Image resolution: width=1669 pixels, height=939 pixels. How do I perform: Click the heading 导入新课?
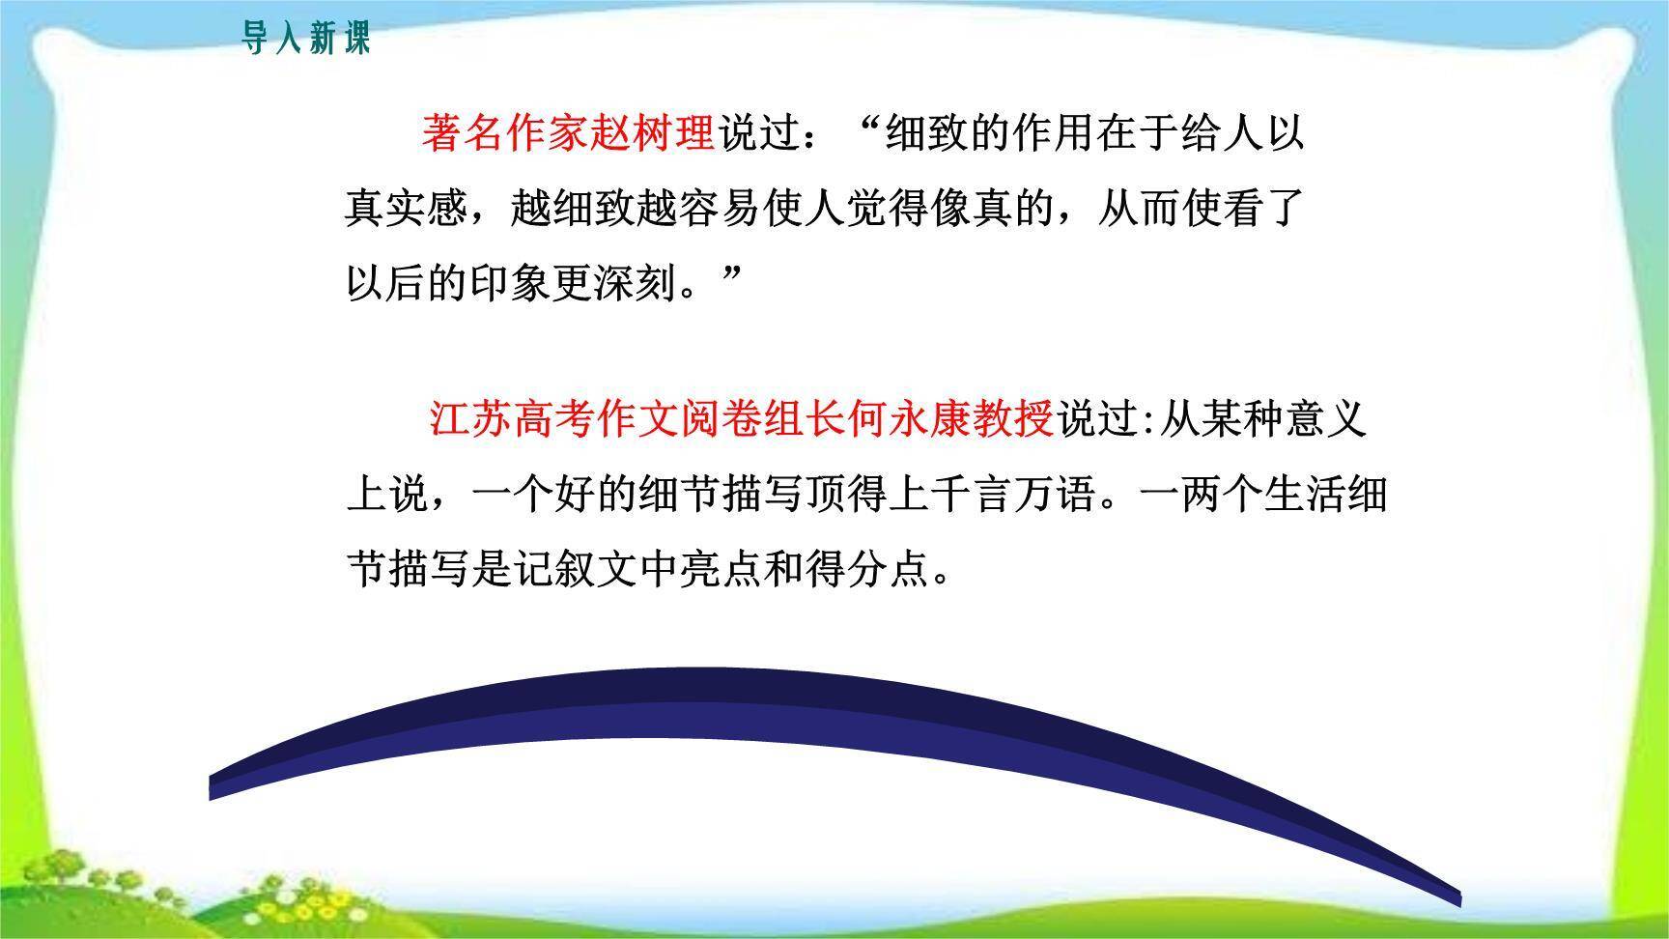(x=305, y=40)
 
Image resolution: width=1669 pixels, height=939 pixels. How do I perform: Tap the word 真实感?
(x=408, y=208)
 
